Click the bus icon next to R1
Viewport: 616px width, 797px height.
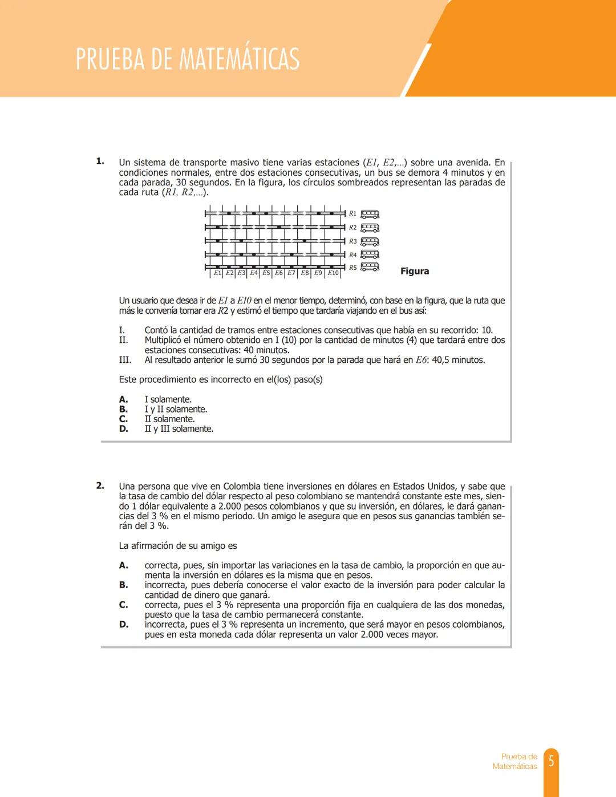coord(370,214)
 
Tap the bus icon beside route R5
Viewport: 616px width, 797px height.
coord(370,266)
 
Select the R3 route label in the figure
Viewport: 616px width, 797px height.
coord(352,241)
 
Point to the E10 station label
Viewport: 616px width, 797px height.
coord(333,273)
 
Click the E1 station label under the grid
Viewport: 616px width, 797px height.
coord(217,273)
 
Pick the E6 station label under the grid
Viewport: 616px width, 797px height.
coord(279,273)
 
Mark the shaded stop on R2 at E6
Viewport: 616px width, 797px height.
coord(279,227)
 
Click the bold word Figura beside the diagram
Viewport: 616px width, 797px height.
coord(415,271)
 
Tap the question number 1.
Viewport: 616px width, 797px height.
coord(100,161)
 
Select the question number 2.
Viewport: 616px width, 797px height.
coord(100,486)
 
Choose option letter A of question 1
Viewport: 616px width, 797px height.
coord(123,399)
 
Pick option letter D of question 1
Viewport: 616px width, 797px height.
coord(123,429)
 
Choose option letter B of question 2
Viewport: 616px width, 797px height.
coord(123,585)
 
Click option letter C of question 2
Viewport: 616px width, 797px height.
coord(123,605)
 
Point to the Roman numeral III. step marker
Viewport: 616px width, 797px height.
coord(125,360)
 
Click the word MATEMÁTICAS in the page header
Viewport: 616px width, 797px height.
coord(240,59)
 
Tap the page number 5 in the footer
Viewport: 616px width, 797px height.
coord(551,761)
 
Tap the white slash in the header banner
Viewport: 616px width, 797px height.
coord(416,70)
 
